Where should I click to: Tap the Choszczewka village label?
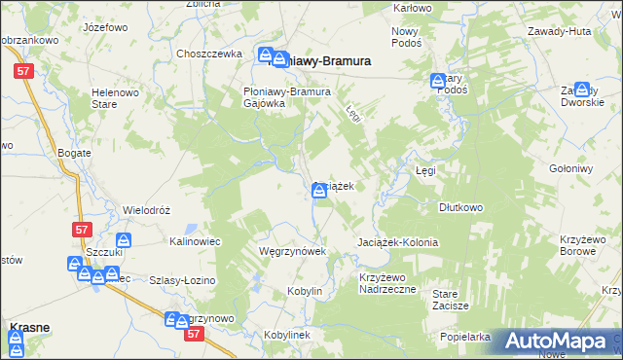208,54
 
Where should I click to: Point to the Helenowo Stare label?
112,98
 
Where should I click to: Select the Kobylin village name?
305,291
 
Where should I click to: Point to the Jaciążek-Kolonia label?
398,242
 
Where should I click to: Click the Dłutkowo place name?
461,207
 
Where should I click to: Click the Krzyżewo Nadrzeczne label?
387,282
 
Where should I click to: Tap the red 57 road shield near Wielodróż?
81,229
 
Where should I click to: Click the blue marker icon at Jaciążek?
319,191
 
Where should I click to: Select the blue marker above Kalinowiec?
124,240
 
